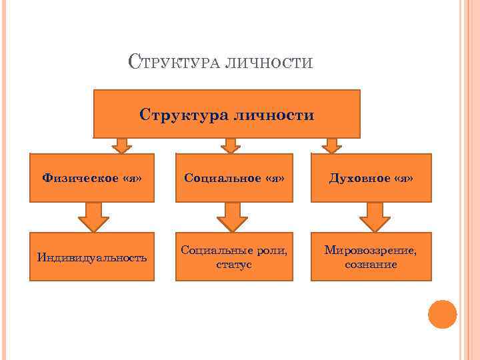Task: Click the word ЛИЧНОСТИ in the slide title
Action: tap(270, 64)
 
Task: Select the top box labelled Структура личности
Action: tap(227, 113)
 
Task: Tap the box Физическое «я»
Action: tap(92, 177)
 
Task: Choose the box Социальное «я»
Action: tap(233, 177)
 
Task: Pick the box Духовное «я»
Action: tap(371, 177)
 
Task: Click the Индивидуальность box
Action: tap(92, 257)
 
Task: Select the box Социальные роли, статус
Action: tap(233, 257)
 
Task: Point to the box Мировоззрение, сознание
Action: tap(371, 257)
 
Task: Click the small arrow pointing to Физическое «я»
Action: tap(121, 145)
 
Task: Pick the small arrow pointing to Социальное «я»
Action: tap(231, 145)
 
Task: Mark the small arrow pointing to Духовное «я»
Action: tap(331, 145)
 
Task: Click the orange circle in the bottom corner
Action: tap(442, 314)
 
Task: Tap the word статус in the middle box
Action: tap(233, 265)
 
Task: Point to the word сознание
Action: tap(371, 265)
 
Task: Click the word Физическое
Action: tap(71, 177)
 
